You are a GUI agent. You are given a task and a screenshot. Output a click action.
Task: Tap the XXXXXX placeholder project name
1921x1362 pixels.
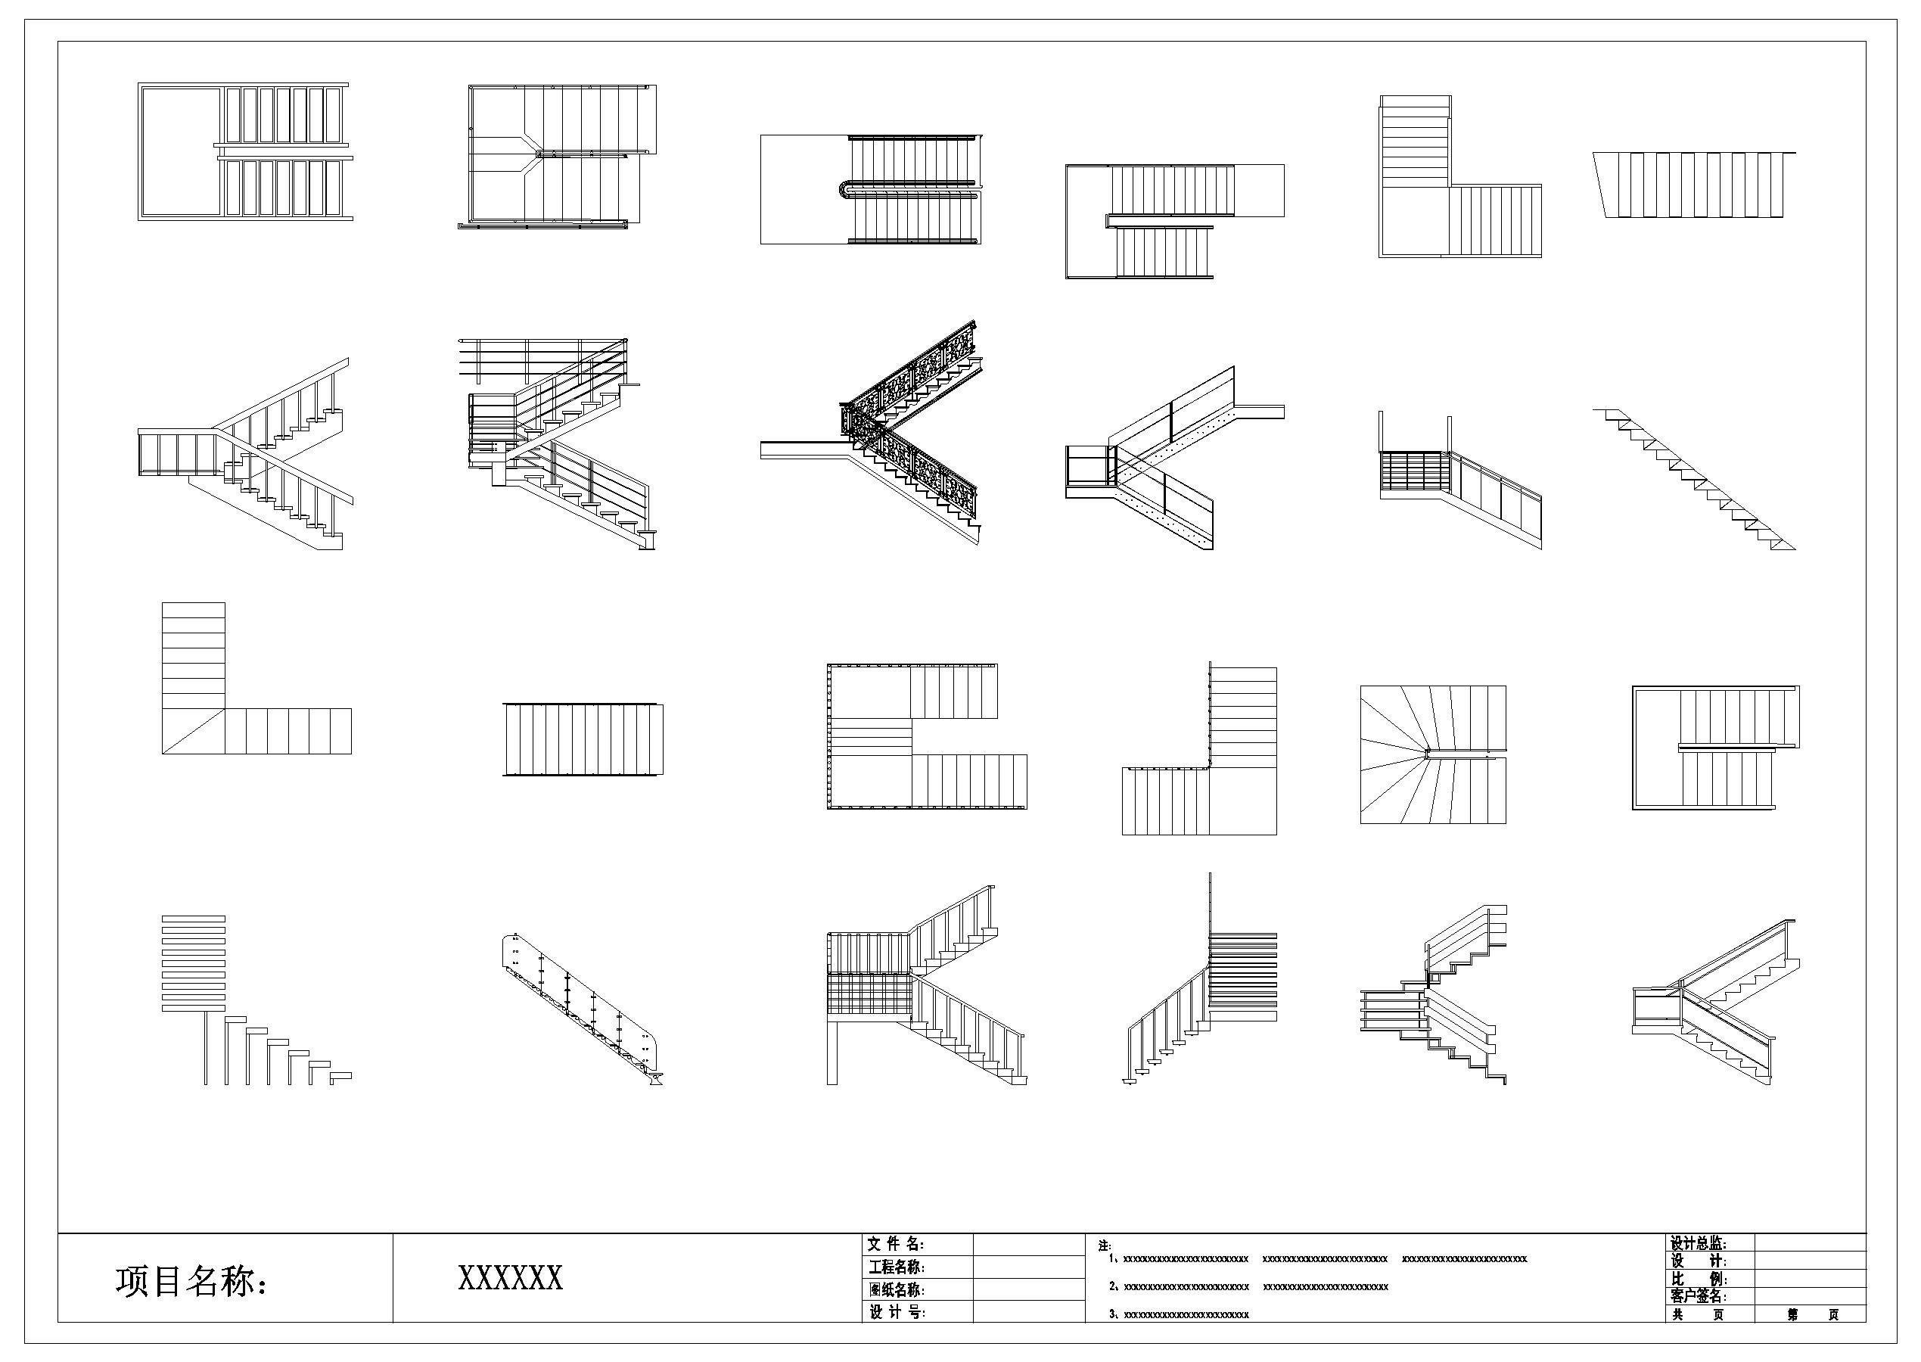coord(510,1278)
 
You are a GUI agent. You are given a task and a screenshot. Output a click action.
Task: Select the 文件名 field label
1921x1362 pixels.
coord(896,1245)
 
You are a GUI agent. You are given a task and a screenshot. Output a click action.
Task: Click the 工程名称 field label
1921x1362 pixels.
coord(897,1267)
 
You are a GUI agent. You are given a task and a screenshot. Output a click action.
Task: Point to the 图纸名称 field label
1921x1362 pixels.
coord(897,1290)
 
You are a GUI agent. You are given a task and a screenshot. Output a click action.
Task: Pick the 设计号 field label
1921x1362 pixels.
coord(897,1313)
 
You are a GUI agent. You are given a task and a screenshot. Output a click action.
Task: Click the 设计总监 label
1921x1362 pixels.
coord(1698,1244)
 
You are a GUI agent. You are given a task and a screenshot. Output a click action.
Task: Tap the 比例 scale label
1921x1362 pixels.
coord(1698,1280)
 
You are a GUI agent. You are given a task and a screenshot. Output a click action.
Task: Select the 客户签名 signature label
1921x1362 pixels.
coord(1698,1297)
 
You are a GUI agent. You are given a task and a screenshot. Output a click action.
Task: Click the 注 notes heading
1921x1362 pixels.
coord(1105,1247)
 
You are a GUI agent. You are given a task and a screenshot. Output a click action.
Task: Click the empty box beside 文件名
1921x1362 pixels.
coord(1028,1245)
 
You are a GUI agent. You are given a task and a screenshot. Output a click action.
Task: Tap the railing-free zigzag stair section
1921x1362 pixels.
coord(1694,478)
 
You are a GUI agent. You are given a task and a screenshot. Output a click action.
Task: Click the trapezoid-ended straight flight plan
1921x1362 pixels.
coord(1694,185)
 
